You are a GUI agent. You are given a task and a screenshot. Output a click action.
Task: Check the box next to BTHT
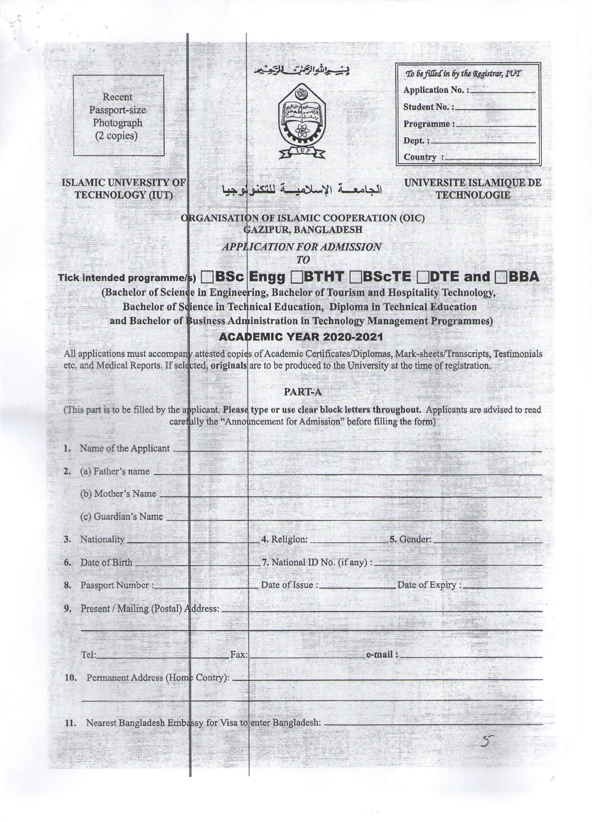click(297, 278)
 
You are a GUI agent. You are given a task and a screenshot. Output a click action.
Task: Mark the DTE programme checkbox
click(422, 278)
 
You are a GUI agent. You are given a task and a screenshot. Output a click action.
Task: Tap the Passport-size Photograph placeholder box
click(118, 116)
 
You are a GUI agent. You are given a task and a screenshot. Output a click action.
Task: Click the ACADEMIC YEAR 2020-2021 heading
click(301, 337)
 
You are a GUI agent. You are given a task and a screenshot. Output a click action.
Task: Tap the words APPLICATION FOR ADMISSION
click(301, 247)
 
